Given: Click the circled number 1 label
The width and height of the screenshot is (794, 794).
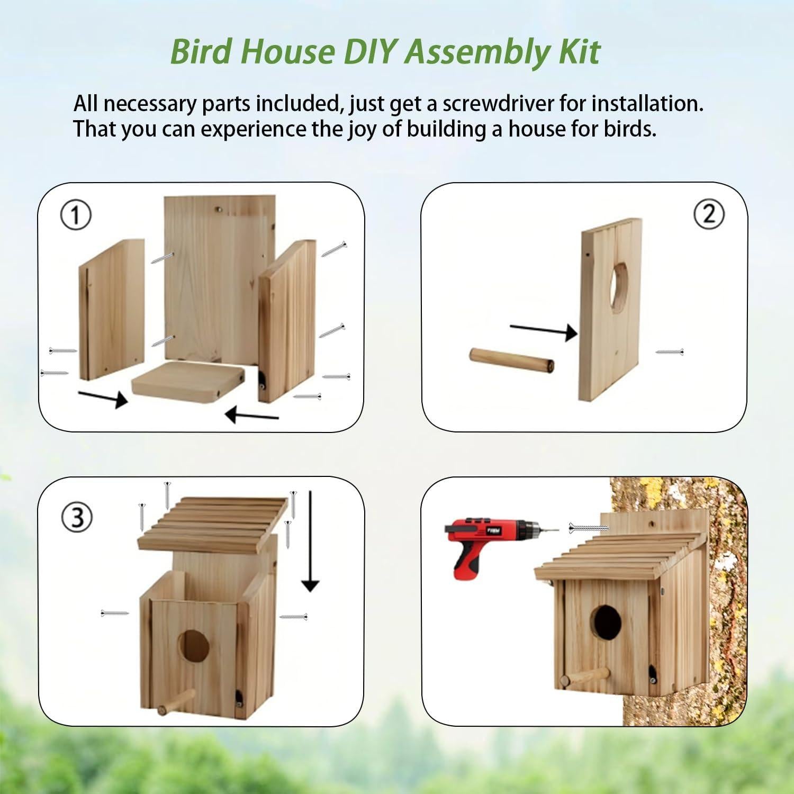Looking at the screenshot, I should point(76,216).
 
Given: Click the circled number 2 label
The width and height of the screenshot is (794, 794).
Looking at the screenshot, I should point(708,214).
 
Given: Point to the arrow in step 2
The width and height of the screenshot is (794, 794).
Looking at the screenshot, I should point(543,330).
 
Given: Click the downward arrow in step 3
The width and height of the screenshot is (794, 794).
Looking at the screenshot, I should point(310,540).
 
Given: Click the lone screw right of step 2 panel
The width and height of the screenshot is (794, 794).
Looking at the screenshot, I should point(669,351).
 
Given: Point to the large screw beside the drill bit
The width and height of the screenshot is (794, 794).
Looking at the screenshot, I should point(588,527).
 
